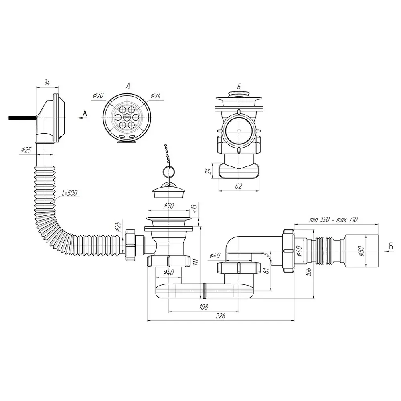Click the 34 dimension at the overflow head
[x=47, y=83]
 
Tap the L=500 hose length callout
[x=69, y=193]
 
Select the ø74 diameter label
[x=156, y=96]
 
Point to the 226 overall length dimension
[x=220, y=316]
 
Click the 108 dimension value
[x=204, y=307]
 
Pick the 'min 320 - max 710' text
[x=334, y=219]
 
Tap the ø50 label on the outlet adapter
[x=360, y=251]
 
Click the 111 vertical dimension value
[x=196, y=262]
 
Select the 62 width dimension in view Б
[x=238, y=186]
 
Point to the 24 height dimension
[x=209, y=171]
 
